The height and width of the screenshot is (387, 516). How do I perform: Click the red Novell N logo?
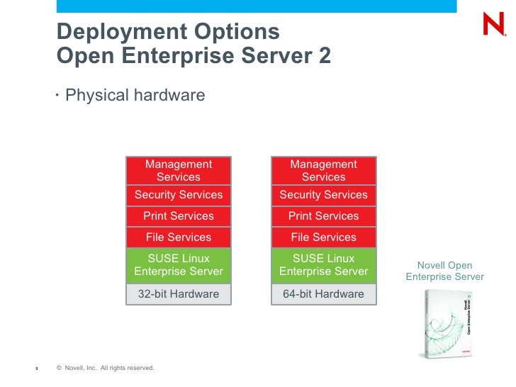493,25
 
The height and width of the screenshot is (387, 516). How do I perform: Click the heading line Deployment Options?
168,32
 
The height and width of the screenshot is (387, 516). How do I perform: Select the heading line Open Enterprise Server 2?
193,55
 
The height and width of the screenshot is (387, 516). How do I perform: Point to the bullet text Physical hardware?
135,95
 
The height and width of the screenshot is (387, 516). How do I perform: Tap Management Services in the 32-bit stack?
179,171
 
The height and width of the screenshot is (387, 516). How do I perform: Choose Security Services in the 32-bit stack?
179,195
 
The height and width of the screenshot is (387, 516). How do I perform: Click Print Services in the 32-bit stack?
179,216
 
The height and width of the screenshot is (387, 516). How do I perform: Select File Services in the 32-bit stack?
179,237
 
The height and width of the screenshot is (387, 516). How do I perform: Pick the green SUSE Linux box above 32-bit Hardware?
179,265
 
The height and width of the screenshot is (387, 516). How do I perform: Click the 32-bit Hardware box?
179,294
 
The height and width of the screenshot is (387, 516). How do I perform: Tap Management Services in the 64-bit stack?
323,171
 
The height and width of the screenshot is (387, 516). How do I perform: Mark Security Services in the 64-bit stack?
323,195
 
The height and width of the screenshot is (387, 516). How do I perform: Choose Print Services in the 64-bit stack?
323,216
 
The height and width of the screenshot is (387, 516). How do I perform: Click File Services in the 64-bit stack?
323,237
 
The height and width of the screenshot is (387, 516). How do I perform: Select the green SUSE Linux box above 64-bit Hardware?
323,265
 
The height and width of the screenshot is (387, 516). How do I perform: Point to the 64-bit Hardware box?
323,294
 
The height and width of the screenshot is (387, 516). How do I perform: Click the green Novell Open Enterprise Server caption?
444,271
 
